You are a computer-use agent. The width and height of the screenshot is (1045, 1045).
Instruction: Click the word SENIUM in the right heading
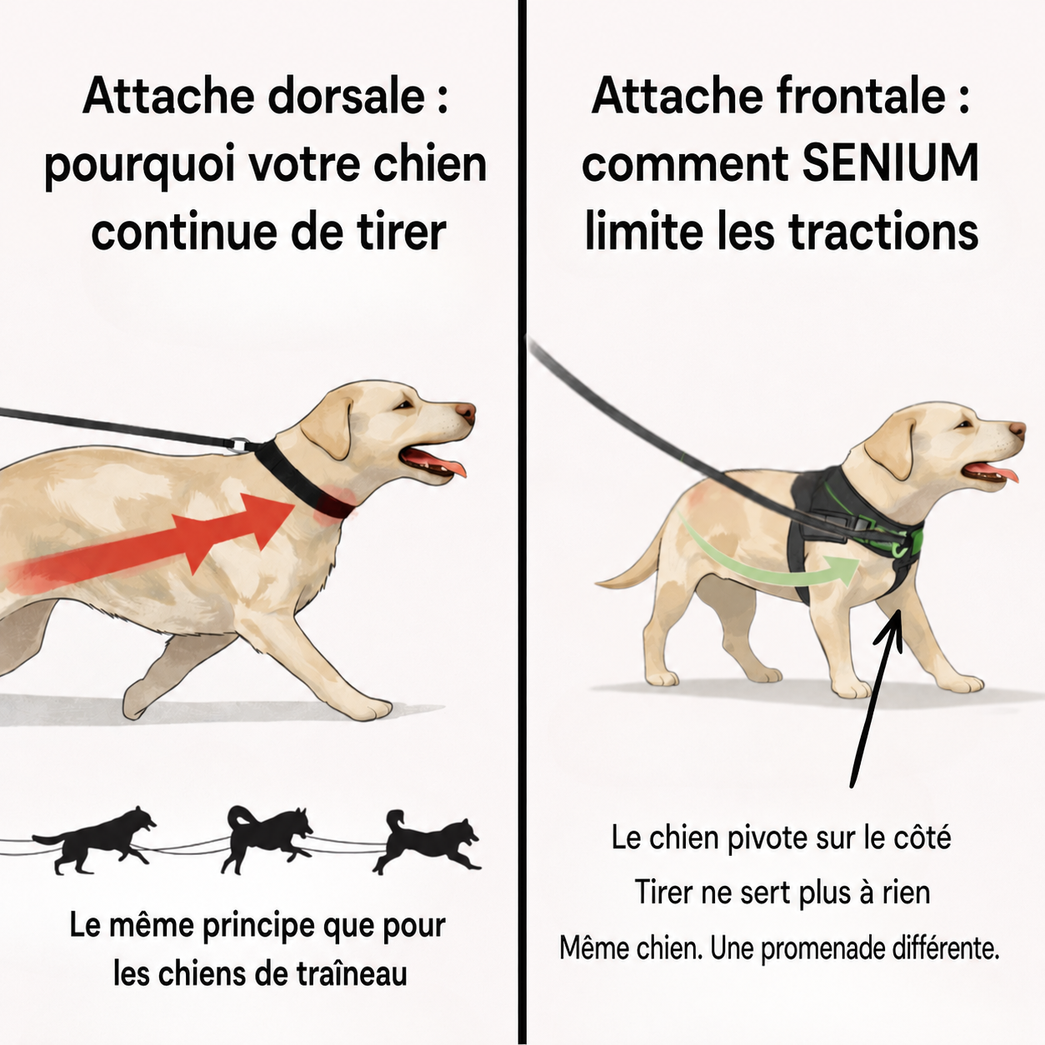click(x=891, y=163)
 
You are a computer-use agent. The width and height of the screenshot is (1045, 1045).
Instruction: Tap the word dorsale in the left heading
click(x=347, y=96)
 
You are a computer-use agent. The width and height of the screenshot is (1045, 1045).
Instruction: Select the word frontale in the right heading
click(x=862, y=96)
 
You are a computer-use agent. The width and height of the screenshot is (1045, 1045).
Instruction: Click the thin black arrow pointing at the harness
click(x=874, y=697)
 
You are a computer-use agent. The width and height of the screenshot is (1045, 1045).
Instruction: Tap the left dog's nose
click(x=466, y=412)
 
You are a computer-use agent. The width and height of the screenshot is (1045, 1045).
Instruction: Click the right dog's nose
click(x=1017, y=430)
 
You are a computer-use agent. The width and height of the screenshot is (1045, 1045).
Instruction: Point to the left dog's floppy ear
click(x=328, y=428)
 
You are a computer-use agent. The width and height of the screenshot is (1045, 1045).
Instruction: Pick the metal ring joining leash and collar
click(x=238, y=445)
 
